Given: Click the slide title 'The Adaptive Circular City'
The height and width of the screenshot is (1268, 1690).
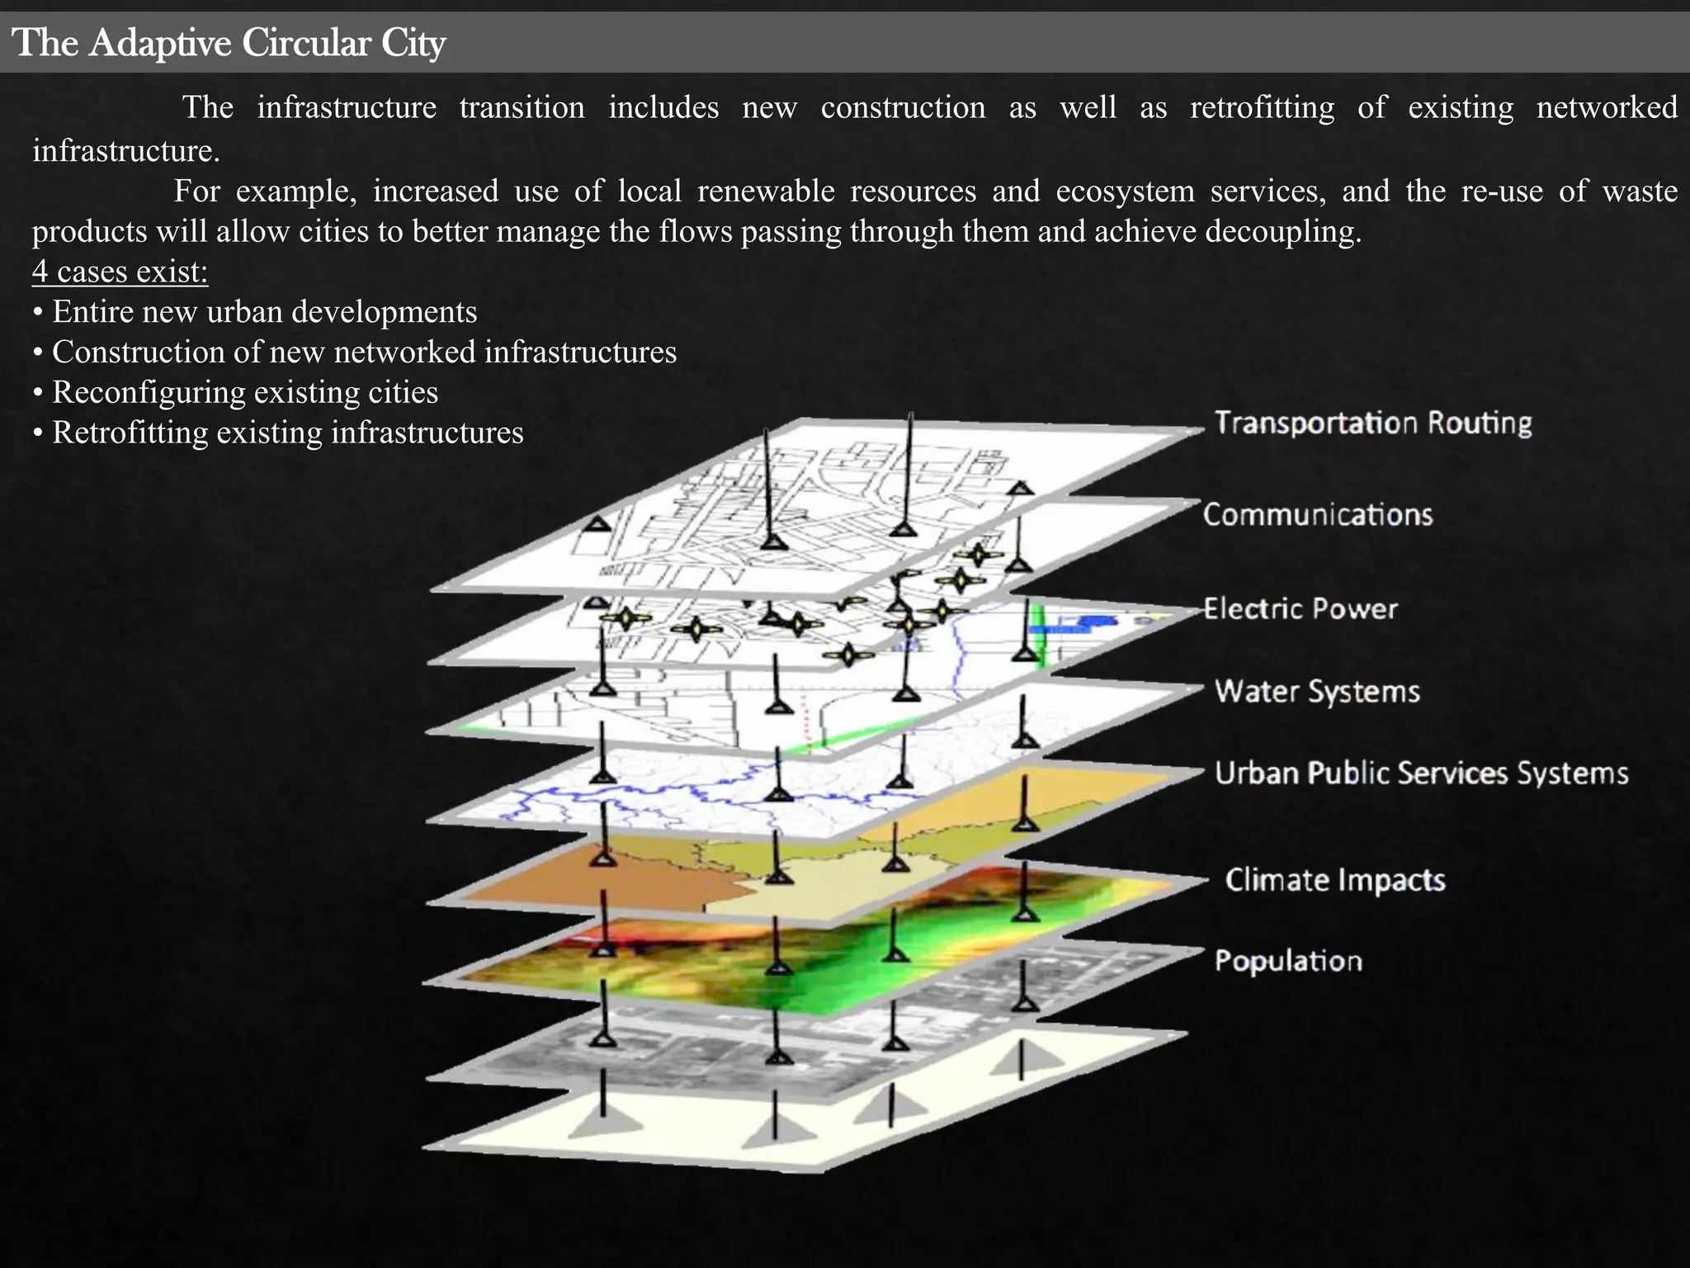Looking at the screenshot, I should [229, 43].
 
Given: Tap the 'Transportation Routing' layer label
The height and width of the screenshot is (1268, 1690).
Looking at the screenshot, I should [1373, 423].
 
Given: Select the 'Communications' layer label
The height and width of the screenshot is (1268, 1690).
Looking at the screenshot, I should [1318, 515].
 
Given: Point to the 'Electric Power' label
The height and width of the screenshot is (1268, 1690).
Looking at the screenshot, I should [1301, 609].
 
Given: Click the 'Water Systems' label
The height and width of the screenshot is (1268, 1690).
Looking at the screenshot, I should [1317, 691].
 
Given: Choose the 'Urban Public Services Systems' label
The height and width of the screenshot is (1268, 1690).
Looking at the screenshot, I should [1421, 774].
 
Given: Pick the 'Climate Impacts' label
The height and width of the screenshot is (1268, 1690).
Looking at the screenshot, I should [1335, 880].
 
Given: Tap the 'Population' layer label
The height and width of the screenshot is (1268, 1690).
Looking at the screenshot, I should [1288, 961].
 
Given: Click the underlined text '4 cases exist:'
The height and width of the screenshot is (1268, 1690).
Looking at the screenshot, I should [120, 272].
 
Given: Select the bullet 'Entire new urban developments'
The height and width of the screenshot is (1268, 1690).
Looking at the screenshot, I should [264, 312].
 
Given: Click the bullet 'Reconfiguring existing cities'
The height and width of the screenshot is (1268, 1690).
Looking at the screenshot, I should [245, 392].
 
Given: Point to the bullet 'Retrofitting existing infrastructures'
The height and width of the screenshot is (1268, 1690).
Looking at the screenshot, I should [288, 433].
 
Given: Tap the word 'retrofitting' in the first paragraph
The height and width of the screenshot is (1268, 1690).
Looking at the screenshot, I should [1262, 108].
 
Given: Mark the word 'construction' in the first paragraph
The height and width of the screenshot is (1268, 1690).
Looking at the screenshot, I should [903, 108].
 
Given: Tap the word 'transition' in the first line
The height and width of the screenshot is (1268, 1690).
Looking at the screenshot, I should [522, 108].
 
